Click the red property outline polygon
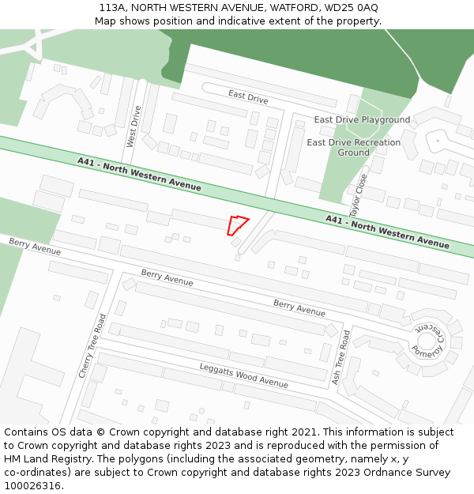(237, 225)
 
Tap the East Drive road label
(248, 97)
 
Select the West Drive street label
(134, 126)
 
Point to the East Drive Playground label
(362, 120)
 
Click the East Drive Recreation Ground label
(353, 147)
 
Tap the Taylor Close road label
(359, 195)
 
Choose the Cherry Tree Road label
(92, 345)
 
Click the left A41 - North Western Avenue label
(139, 174)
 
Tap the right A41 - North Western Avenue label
(387, 231)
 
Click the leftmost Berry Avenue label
(35, 246)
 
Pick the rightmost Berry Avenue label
(299, 308)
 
